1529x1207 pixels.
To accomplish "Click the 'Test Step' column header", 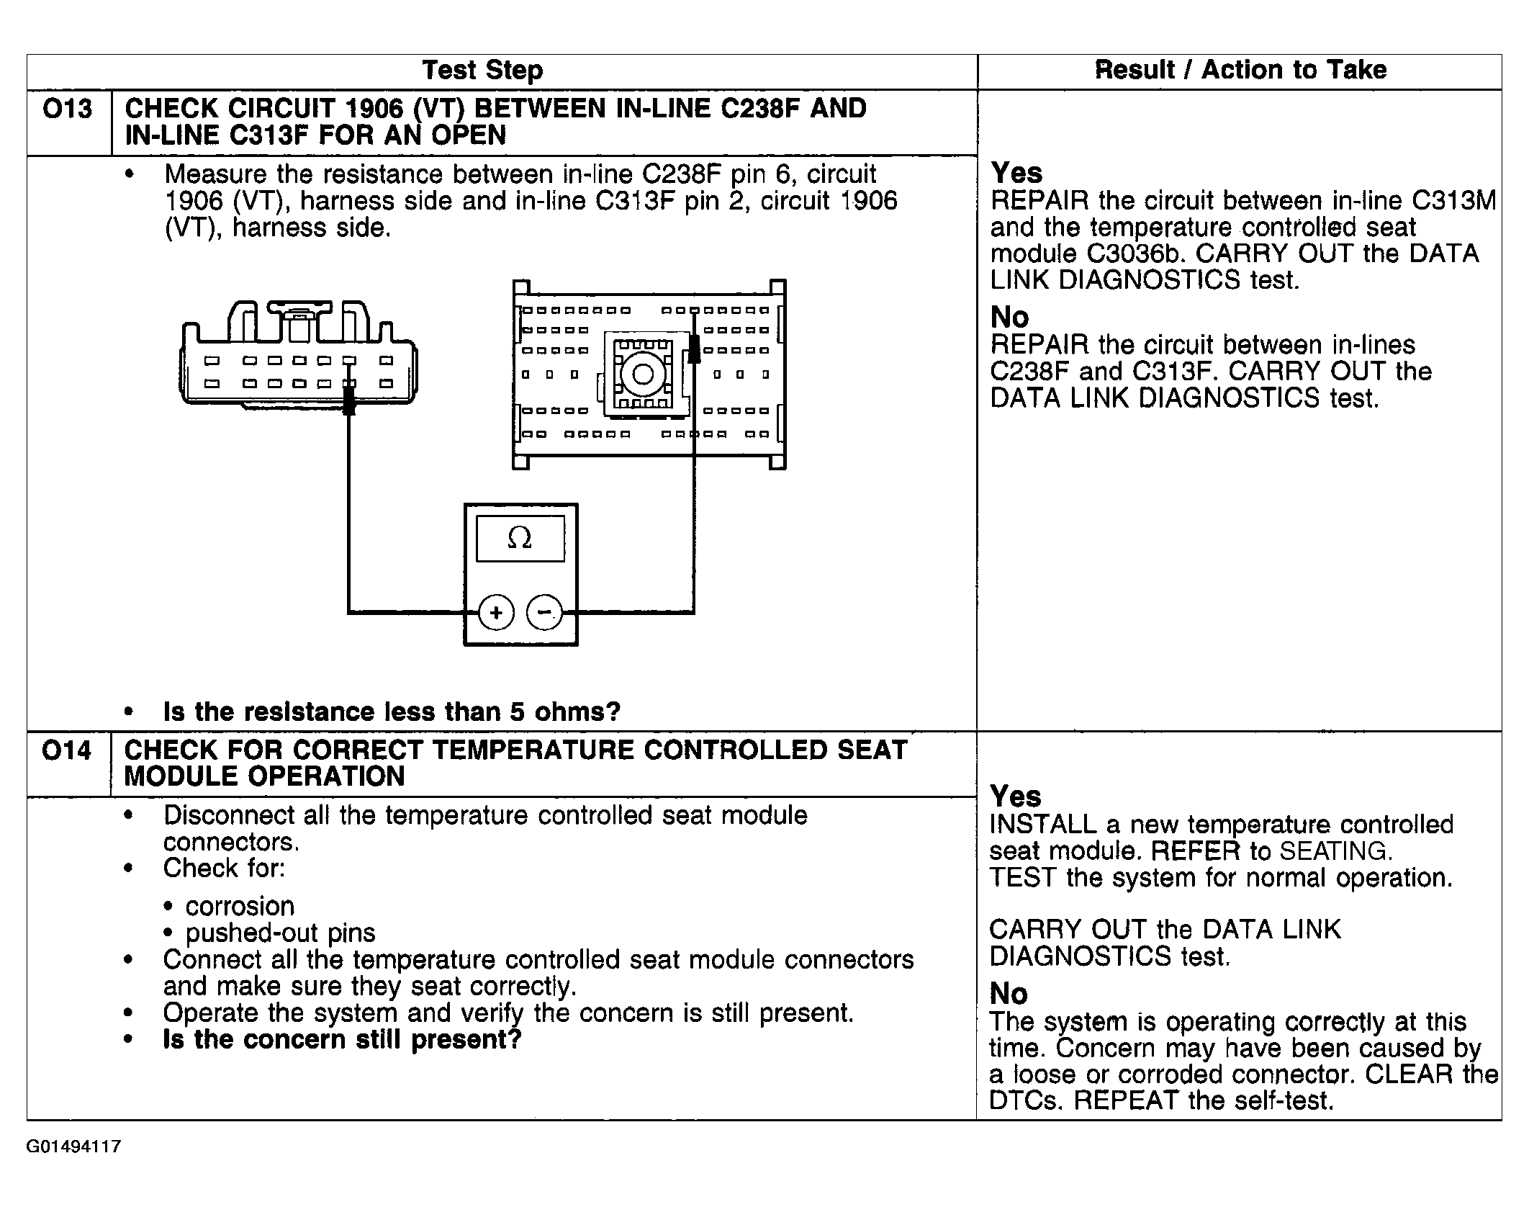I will [482, 71].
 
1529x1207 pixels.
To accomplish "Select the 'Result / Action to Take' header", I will [1240, 70].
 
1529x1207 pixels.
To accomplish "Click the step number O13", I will [68, 109].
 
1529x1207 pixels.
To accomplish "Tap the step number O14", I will [67, 751].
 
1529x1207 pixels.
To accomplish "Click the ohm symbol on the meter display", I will [520, 538].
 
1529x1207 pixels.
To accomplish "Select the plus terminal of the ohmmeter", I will [496, 612].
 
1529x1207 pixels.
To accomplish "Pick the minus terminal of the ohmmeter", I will [545, 612].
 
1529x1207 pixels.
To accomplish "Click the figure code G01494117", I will [73, 1147].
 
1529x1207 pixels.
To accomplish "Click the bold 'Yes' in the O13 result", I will [1016, 174].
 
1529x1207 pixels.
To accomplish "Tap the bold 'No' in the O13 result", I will [1009, 318].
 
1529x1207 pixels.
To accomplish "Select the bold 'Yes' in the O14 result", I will [1016, 797].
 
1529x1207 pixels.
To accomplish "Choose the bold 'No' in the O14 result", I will [1009, 994].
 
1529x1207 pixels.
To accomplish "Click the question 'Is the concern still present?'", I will [342, 1040].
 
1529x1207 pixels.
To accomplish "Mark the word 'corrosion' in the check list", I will [240, 906].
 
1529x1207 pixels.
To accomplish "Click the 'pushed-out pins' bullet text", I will [280, 933].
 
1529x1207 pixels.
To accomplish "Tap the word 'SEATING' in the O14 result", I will [1333, 851].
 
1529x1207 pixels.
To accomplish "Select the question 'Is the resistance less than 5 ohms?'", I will [392, 712].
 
